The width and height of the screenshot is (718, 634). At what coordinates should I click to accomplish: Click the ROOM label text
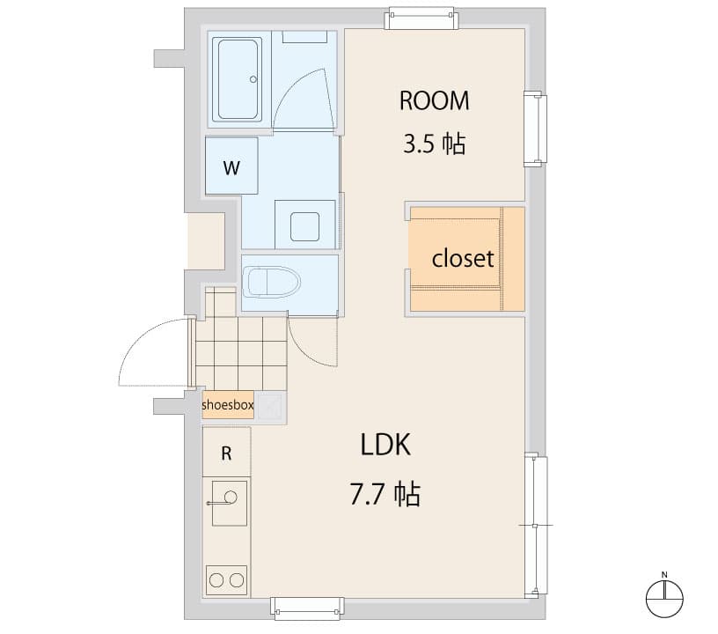[434, 100]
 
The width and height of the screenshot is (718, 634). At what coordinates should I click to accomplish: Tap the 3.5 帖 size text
[434, 144]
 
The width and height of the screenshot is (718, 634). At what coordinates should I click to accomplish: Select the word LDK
[385, 445]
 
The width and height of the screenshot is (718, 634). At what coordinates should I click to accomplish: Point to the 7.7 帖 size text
[385, 494]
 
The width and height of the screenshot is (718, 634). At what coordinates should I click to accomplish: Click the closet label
[463, 260]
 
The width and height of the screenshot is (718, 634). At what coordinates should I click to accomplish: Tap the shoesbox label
[228, 405]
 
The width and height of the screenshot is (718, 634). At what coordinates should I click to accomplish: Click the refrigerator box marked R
[226, 453]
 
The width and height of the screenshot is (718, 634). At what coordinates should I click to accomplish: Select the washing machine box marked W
[231, 166]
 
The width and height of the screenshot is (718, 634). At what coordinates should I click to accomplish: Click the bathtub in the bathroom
[238, 79]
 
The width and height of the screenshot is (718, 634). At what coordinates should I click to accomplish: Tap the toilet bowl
[271, 282]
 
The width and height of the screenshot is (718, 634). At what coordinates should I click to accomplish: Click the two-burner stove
[227, 579]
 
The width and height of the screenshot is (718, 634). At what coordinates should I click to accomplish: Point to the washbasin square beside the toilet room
[305, 224]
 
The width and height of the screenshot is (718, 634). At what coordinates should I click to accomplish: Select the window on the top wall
[422, 18]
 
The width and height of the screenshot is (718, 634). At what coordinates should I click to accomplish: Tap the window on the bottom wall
[306, 608]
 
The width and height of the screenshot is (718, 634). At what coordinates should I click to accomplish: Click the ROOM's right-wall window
[535, 129]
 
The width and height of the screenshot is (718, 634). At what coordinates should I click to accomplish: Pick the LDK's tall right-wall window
[536, 525]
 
